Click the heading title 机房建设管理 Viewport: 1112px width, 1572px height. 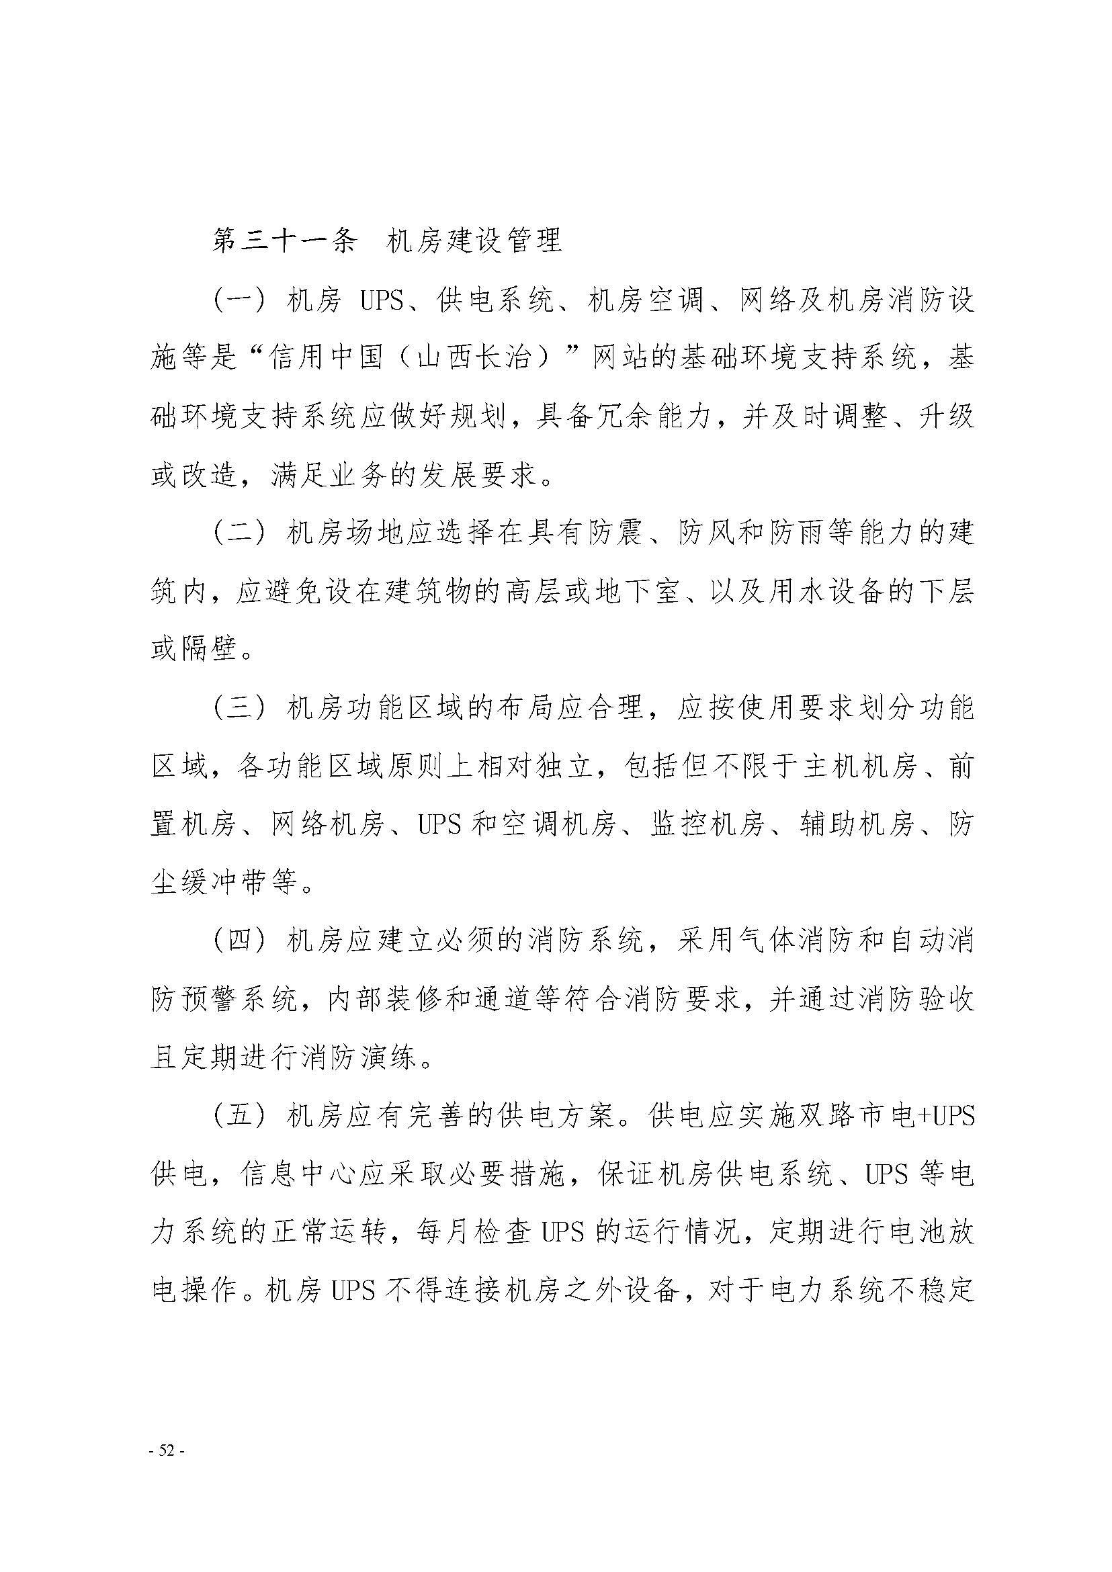(474, 241)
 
